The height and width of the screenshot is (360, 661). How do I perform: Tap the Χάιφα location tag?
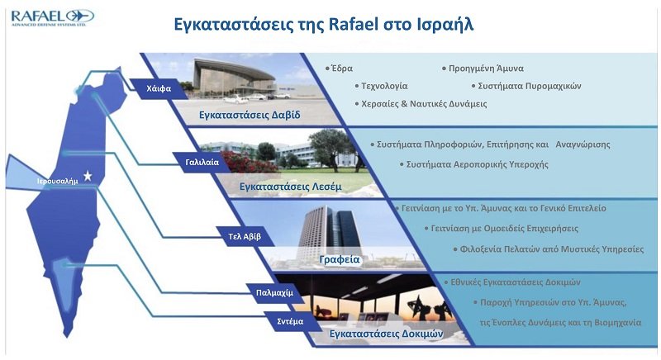[x=159, y=88]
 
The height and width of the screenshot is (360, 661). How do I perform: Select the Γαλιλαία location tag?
[x=202, y=162]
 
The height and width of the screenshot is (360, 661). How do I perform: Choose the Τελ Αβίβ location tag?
[x=245, y=237]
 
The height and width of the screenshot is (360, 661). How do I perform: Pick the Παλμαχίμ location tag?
[x=274, y=292]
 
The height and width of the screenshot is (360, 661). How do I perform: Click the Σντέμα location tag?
[x=290, y=321]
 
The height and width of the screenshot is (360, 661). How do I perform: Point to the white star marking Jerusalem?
[x=88, y=176]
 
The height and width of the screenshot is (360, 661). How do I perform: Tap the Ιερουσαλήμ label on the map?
[x=58, y=182]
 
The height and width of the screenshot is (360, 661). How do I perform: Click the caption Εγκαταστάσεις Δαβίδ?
[x=250, y=115]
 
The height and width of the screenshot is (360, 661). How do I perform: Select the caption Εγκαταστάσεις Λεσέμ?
[x=291, y=186]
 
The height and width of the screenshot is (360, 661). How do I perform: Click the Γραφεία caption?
[x=340, y=259]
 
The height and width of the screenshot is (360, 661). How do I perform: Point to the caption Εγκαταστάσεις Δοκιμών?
[x=386, y=334]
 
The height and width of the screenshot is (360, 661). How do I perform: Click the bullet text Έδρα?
[x=342, y=69]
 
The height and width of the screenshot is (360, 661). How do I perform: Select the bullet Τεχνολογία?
[x=384, y=86]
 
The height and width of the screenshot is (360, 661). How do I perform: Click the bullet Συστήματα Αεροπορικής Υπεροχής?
[x=478, y=164]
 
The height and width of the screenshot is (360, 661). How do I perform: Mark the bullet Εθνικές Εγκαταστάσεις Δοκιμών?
[x=516, y=282]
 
